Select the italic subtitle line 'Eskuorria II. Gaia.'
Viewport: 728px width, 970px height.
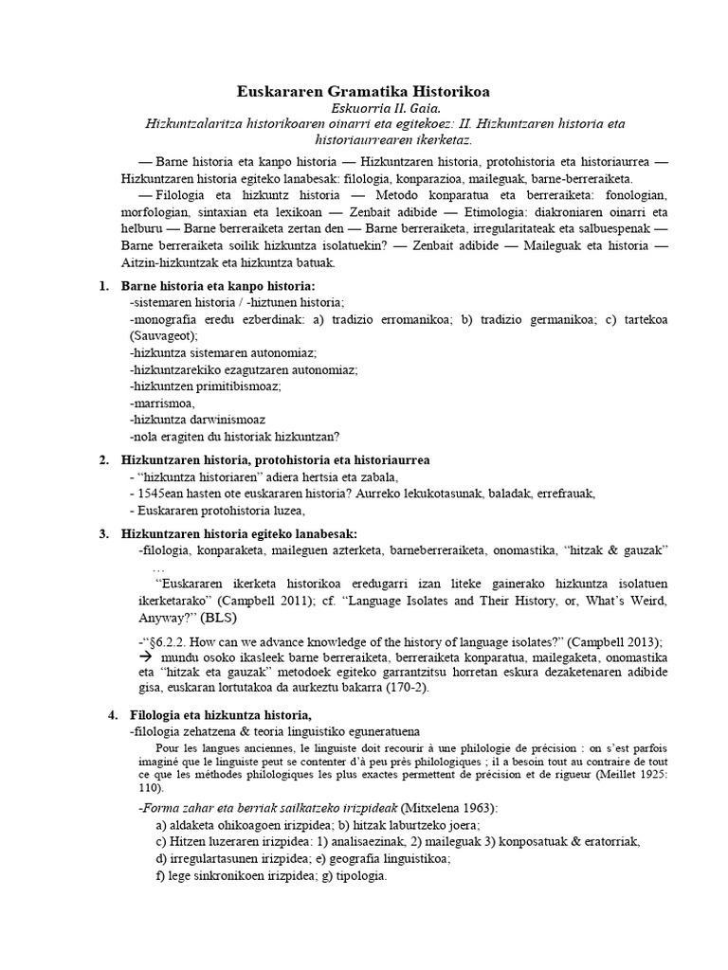coord(364,109)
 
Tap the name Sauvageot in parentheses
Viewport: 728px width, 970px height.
coord(162,335)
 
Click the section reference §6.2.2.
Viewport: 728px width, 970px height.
coord(169,641)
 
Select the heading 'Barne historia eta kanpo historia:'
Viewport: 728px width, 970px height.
coord(217,286)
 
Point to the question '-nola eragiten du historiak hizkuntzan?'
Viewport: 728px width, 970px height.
coord(234,436)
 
